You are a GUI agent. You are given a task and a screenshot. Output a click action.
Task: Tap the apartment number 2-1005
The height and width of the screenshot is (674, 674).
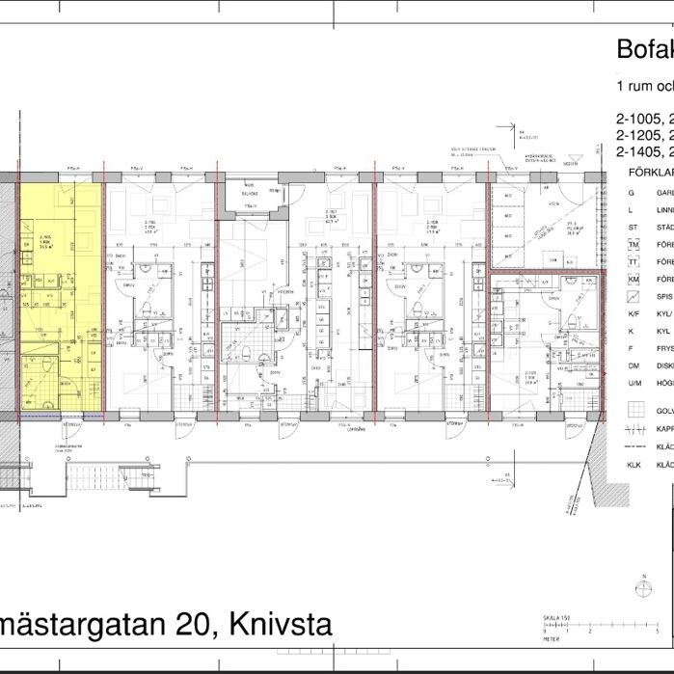[x=639, y=120]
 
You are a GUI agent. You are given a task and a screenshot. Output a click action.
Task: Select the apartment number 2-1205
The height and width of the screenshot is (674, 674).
[x=639, y=135]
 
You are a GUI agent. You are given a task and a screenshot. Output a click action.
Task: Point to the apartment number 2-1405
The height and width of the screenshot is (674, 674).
[x=639, y=151]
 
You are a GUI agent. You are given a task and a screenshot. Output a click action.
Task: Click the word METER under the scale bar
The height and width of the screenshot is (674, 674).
[x=550, y=638]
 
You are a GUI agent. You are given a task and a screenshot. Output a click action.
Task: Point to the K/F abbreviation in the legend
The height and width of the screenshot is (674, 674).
[x=634, y=314]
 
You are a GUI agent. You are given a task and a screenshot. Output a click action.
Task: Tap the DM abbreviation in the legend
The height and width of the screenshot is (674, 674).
[x=634, y=366]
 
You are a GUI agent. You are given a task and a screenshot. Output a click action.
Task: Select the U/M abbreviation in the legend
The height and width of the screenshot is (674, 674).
[x=634, y=384]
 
